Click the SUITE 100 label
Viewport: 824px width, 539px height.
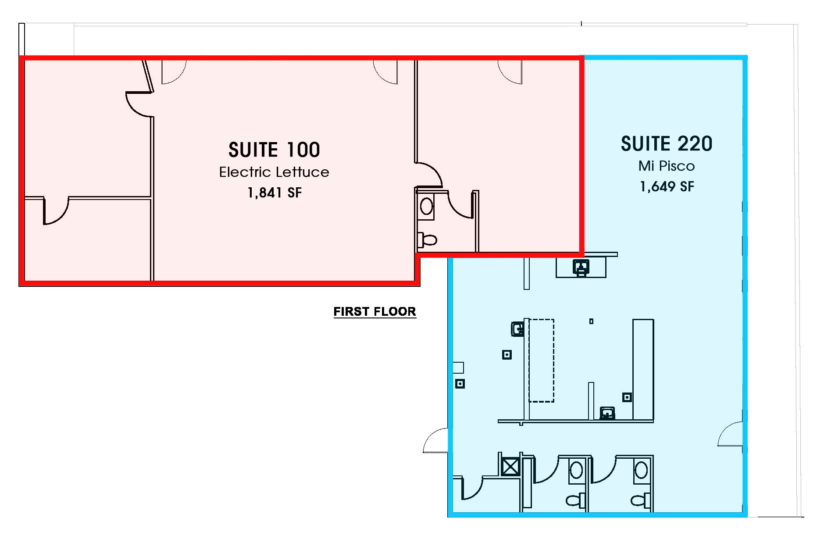tap(274, 150)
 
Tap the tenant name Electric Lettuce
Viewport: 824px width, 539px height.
tap(274, 172)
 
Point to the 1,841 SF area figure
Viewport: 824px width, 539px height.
tap(275, 193)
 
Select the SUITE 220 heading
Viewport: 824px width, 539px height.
tap(667, 143)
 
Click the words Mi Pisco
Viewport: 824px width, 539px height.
tap(667, 166)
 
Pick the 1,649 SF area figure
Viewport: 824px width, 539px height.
tap(667, 186)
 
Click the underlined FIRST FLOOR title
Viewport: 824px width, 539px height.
tap(375, 311)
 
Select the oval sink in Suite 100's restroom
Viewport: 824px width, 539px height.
tap(426, 206)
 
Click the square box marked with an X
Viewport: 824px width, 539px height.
tap(510, 466)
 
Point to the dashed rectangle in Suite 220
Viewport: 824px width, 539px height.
tap(541, 361)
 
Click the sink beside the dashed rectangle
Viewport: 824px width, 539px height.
tap(518, 328)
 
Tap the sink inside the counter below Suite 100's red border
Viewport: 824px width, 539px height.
tap(581, 267)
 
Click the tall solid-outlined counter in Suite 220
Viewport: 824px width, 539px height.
tap(643, 370)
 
